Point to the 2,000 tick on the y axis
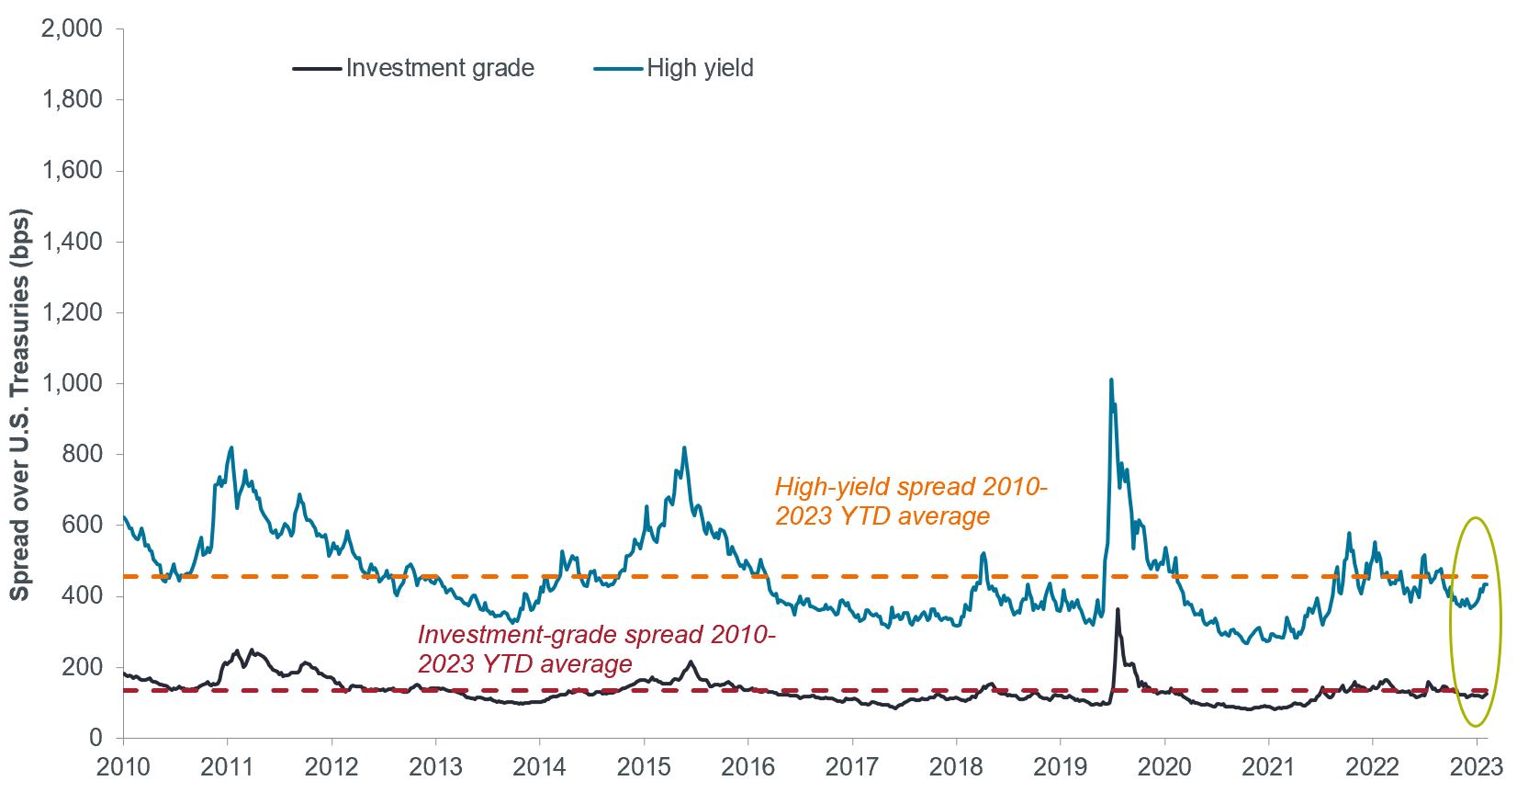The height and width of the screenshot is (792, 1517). (x=73, y=28)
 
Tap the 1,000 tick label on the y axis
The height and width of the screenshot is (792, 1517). (x=73, y=383)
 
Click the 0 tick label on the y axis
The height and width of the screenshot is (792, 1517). (x=96, y=738)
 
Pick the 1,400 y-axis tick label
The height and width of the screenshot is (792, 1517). (x=73, y=242)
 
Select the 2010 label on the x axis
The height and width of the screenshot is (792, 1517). (x=123, y=767)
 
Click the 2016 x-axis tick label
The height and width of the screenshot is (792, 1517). (x=748, y=767)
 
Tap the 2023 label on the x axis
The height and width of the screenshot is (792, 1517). (x=1477, y=767)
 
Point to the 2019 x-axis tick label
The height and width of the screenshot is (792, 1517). (x=1061, y=767)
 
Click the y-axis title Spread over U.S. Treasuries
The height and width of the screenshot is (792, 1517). (x=20, y=405)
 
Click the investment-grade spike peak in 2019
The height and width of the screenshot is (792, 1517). (x=1118, y=608)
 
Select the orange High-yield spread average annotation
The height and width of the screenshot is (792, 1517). (x=910, y=502)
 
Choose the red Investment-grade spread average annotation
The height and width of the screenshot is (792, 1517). (x=596, y=650)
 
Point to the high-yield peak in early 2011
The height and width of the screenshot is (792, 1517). (x=231, y=447)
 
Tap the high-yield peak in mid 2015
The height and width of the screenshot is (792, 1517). (x=684, y=447)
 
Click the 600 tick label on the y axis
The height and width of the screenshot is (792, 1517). (x=83, y=525)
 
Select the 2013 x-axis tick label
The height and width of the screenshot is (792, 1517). (x=435, y=767)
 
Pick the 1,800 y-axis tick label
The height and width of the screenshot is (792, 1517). (x=73, y=99)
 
